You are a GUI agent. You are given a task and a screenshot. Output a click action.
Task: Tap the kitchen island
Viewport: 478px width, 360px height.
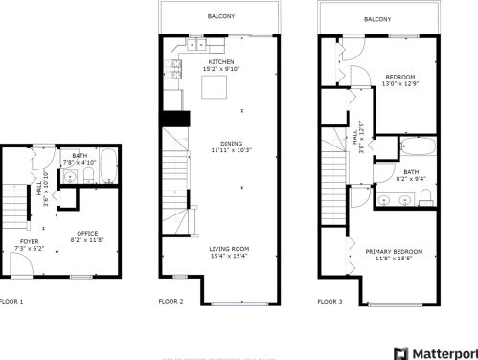214,88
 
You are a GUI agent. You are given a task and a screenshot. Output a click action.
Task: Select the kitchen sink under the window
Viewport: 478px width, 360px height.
195,44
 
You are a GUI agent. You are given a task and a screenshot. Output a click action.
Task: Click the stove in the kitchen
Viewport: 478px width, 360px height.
175,67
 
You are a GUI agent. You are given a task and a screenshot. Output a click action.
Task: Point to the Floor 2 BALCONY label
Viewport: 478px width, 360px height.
221,16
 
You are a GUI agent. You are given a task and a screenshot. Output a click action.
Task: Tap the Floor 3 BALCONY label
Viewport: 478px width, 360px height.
377,19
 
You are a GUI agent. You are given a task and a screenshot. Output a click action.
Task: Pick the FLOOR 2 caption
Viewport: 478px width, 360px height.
171,301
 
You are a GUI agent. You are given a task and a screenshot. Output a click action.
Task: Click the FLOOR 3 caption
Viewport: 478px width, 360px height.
330,301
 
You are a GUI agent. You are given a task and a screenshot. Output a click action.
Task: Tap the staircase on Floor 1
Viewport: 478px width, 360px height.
15,201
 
